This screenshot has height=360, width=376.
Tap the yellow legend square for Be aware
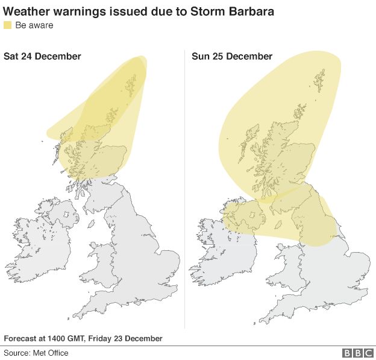click(8, 25)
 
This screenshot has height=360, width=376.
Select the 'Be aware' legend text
click(34, 25)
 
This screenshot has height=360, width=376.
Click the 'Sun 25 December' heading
click(232, 56)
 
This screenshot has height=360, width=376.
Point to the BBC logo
click(358, 353)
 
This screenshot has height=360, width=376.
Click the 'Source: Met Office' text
click(37, 353)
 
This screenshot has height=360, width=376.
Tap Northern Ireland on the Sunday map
click(245, 213)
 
